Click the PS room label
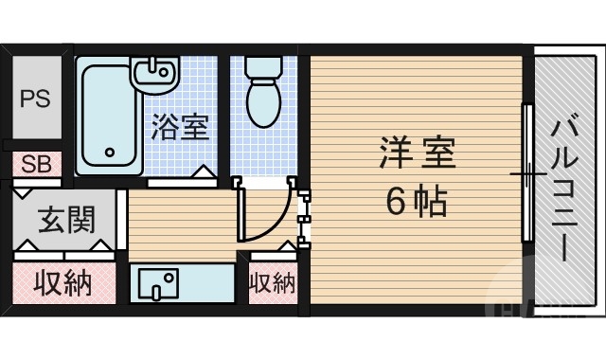coord(35,99)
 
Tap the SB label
coord(36,163)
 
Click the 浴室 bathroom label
coord(180,126)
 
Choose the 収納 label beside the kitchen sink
coord(272,282)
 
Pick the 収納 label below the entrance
coord(63,282)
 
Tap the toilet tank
coord(262,67)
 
